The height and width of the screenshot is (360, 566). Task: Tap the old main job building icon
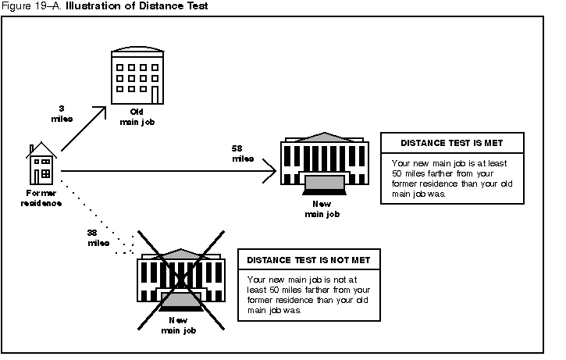point(137,75)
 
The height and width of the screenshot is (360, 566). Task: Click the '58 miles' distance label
point(242,153)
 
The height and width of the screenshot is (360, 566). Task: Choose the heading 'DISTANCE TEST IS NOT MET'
point(308,260)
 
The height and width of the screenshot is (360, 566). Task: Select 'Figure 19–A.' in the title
point(32,6)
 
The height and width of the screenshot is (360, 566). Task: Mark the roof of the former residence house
point(42,150)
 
